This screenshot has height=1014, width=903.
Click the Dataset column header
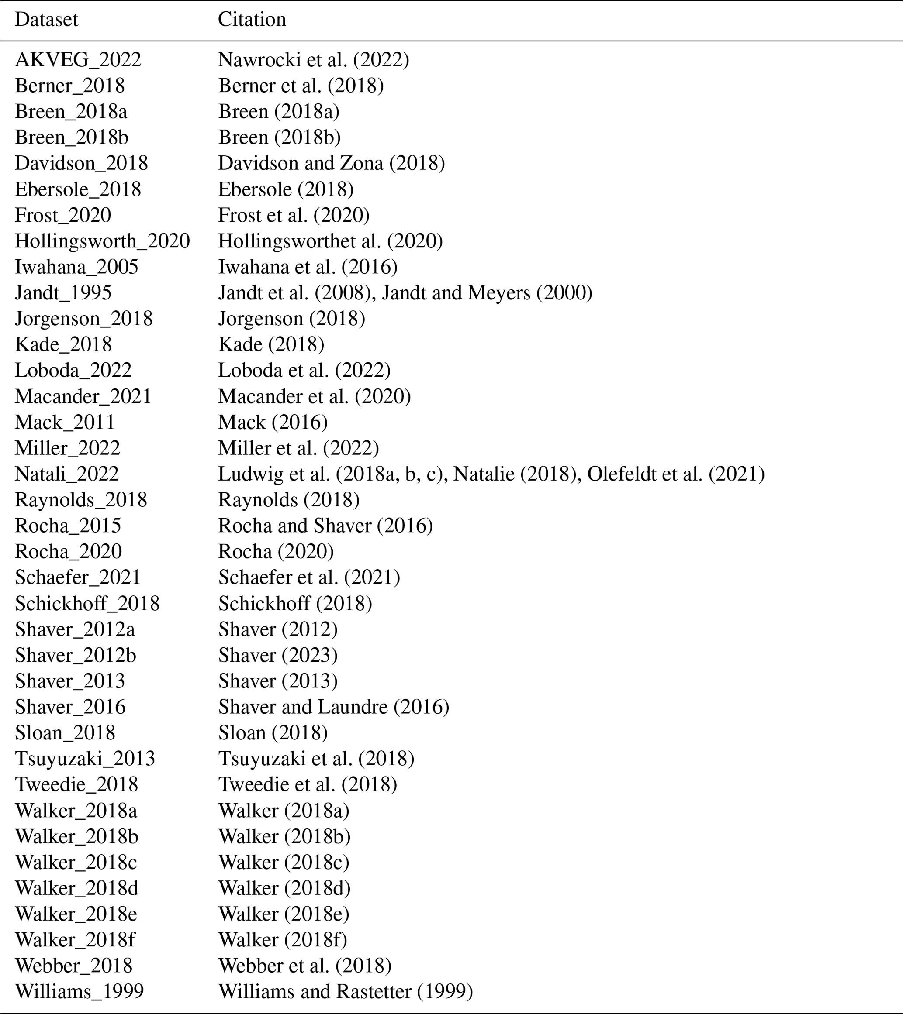pos(46,20)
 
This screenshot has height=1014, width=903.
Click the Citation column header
pos(252,20)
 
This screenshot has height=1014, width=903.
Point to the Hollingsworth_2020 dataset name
pos(102,241)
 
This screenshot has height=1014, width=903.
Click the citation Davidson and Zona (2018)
pos(331,164)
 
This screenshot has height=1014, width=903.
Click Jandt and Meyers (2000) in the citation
pos(487,293)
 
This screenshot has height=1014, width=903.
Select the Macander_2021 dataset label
pos(83,397)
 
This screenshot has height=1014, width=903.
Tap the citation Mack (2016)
pos(273,423)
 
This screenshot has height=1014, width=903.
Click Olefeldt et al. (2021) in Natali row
pos(676,474)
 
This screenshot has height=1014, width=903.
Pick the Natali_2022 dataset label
pos(67,474)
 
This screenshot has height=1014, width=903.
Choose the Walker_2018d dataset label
pos(77,888)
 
